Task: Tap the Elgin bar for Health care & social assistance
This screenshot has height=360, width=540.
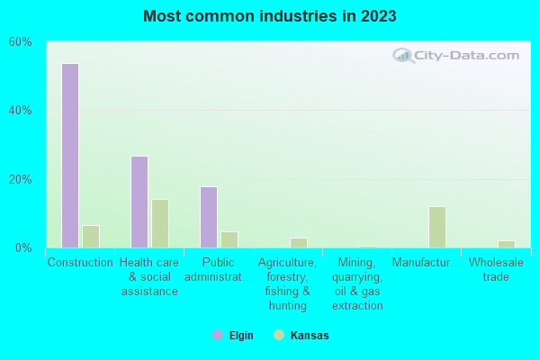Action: (x=139, y=202)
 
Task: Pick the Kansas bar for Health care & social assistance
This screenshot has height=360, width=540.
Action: (x=160, y=223)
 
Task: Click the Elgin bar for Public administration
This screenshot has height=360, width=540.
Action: (x=209, y=217)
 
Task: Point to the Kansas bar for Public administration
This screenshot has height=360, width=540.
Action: (x=229, y=239)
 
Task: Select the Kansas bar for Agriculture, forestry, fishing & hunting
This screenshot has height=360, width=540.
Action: (x=299, y=243)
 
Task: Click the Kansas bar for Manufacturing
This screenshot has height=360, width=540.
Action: (x=437, y=227)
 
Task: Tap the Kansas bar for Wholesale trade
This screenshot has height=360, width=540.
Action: (x=507, y=244)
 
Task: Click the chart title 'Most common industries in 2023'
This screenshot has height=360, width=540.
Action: (x=269, y=16)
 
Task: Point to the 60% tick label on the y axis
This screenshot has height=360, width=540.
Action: (x=21, y=41)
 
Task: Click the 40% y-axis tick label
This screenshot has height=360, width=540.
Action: (x=21, y=110)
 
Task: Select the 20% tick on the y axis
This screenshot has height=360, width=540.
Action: (x=21, y=179)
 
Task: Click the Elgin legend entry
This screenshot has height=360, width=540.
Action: (x=233, y=336)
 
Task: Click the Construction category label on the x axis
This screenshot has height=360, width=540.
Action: (x=80, y=263)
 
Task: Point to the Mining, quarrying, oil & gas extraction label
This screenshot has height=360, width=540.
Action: (x=357, y=283)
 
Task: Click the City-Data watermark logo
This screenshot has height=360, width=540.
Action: (x=456, y=56)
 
